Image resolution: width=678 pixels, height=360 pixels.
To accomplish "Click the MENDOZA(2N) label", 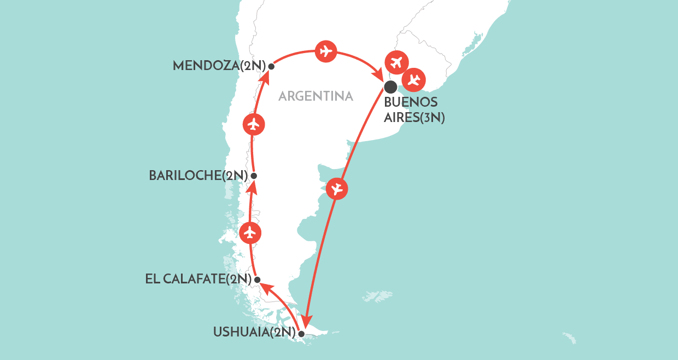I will (x=219, y=66).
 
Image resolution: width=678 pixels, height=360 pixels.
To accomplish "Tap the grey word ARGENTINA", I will (x=315, y=97).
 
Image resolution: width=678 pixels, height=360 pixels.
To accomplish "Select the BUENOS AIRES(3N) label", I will (x=414, y=109).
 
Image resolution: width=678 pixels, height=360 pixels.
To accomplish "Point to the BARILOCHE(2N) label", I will (x=198, y=176).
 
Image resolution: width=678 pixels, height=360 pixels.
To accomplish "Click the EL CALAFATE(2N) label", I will (x=198, y=280).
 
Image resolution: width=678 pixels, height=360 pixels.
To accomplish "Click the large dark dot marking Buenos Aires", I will (x=390, y=86).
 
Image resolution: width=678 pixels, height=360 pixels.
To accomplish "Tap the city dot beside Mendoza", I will (x=271, y=66).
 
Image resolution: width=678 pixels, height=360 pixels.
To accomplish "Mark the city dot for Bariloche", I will (x=254, y=176).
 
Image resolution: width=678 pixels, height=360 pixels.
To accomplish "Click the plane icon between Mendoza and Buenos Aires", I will (x=326, y=52).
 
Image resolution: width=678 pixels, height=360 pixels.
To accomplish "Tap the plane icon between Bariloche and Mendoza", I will (x=253, y=124).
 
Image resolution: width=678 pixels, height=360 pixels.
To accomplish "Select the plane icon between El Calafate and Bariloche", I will (x=250, y=233).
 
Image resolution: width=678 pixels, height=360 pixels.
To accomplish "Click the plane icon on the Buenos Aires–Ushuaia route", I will (x=337, y=189).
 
